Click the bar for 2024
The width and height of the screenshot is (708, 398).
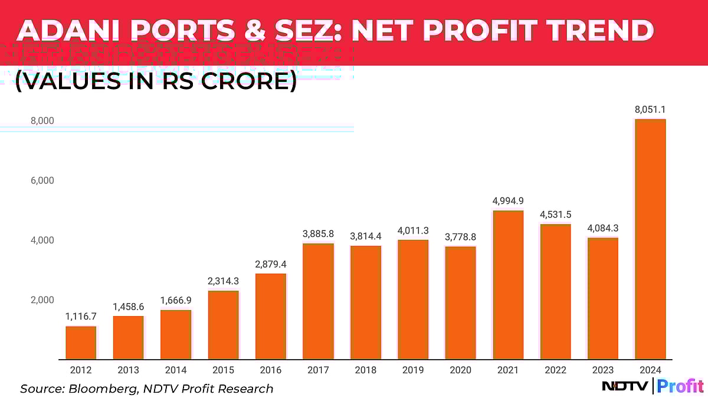[x=650, y=239]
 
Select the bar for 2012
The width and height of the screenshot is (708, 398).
[x=81, y=343]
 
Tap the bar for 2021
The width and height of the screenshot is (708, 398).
[x=507, y=285]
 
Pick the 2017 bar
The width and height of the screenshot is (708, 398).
[x=318, y=301]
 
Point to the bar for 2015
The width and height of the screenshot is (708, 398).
[x=223, y=325]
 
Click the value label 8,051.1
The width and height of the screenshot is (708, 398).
[x=650, y=110]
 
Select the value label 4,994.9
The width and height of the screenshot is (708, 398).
[x=507, y=201]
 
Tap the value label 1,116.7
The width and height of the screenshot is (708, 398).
[x=81, y=317]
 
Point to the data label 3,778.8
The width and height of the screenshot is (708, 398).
[x=460, y=237]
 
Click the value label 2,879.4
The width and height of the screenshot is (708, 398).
[x=271, y=264]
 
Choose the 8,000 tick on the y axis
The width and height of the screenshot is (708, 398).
[x=42, y=121]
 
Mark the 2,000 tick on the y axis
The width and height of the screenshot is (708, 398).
[x=42, y=300]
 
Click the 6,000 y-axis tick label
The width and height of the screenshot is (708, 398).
[x=42, y=180]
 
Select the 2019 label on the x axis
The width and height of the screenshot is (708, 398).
[x=412, y=370]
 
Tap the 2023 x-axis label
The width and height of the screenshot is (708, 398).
[x=602, y=370]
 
